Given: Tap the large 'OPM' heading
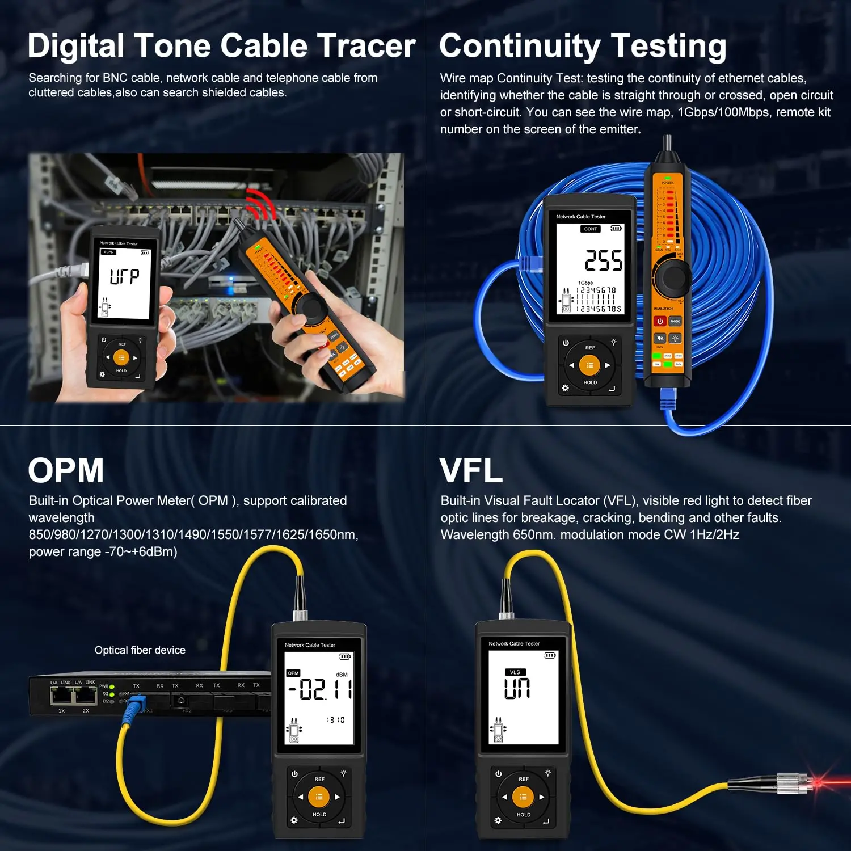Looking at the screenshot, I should [66, 470].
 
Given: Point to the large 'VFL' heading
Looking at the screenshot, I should [471, 470].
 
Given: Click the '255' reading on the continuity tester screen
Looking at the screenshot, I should [604, 260].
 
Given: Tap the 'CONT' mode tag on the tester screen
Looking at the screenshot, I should [591, 229].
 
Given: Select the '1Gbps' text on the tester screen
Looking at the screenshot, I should [585, 283].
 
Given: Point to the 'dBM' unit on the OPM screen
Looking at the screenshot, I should [342, 675].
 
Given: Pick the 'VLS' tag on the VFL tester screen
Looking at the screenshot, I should [515, 672].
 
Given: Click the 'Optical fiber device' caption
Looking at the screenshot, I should [140, 650].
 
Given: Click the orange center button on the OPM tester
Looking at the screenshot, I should [319, 797].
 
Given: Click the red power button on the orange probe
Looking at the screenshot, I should [660, 321].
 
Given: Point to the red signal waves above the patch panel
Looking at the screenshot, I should [259, 204].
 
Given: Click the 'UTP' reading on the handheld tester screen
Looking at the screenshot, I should [124, 276].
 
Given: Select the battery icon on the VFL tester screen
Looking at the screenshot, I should [549, 655].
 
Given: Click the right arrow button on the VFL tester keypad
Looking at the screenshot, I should [542, 797].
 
